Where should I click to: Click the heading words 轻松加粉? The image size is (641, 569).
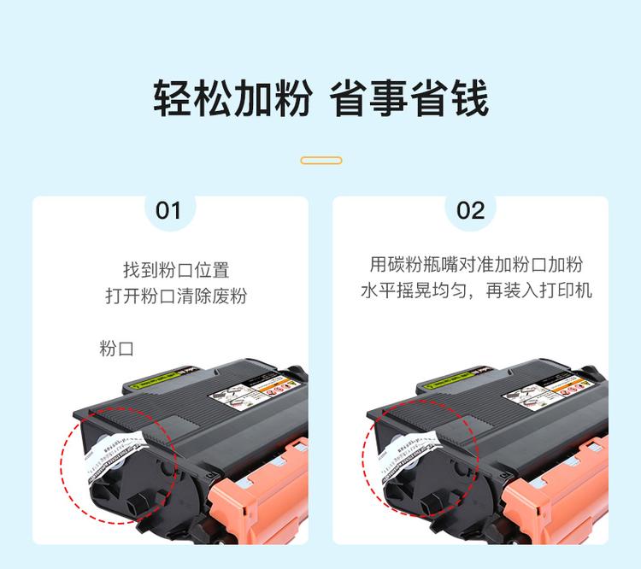(x=232, y=99)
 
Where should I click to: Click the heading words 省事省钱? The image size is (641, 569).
(x=409, y=99)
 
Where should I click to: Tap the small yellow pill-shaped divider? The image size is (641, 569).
(x=321, y=160)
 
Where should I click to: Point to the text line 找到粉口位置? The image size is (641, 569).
(x=176, y=270)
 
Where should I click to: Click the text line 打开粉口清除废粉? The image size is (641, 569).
(x=176, y=296)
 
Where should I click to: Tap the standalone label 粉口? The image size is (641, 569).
(x=116, y=349)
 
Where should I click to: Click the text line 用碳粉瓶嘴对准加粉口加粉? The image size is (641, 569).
(x=476, y=265)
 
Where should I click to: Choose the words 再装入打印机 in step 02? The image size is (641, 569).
(x=548, y=291)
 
